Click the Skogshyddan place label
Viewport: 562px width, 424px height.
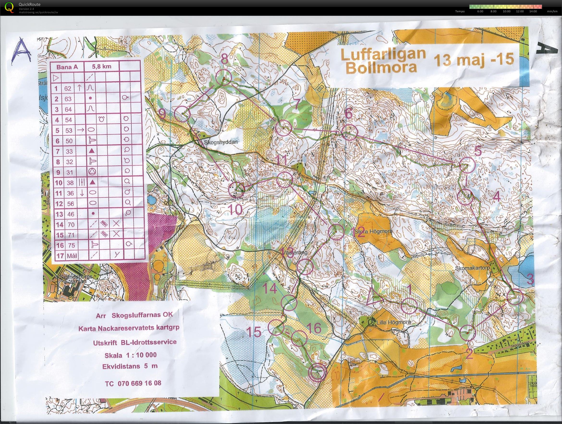[x=220, y=143]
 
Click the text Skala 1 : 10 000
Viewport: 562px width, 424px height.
[x=131, y=355]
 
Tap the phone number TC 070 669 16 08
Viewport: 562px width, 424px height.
[x=133, y=383]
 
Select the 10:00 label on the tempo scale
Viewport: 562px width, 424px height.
[x=506, y=12]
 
